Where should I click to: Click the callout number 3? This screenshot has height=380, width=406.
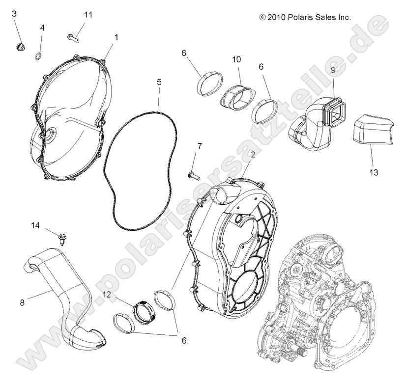click(x=14, y=14)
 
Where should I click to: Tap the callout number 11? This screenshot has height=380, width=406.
click(x=88, y=15)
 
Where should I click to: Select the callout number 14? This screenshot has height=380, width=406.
click(x=35, y=225)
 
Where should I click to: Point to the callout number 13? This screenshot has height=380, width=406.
click(x=374, y=172)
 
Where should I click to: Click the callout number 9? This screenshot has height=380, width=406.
click(x=333, y=70)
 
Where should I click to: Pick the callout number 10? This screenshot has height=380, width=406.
click(x=236, y=59)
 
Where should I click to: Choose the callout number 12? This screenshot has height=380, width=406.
click(x=107, y=295)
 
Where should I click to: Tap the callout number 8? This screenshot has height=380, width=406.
click(x=22, y=302)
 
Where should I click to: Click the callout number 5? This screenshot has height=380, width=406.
click(x=159, y=82)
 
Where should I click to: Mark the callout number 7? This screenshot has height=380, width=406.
click(x=200, y=146)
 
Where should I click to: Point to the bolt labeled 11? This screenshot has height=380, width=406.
click(x=73, y=37)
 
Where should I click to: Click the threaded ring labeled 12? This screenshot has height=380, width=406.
click(x=142, y=311)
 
